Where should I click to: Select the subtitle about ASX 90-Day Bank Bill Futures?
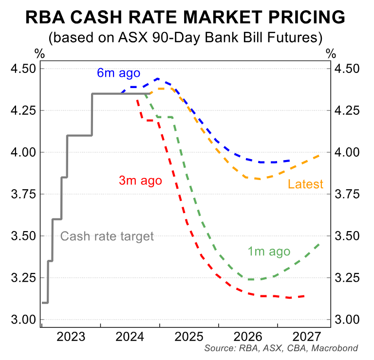(185, 37)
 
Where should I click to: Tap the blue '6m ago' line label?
(118, 73)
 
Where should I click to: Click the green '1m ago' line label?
(268, 252)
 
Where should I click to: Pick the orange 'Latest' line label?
(305, 184)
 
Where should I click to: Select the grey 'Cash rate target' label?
(107, 237)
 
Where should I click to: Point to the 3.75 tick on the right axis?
(347, 194)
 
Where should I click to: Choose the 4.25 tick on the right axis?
(347, 110)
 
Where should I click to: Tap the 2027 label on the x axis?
(305, 337)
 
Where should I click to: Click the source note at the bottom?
(281, 348)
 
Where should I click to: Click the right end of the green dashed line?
(320, 244)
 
